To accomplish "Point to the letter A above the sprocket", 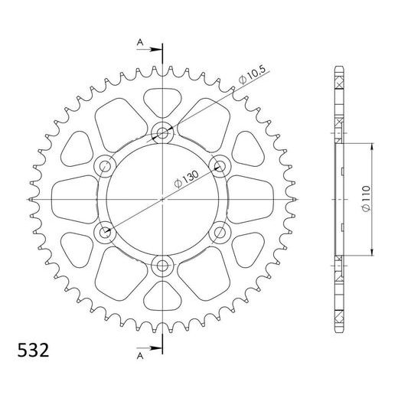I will tap(140, 41).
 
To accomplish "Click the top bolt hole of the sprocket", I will tap(162, 132).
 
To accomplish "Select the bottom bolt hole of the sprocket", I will tap(162, 266).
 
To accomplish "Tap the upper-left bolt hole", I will tap(105, 166).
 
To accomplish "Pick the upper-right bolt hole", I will tap(220, 166).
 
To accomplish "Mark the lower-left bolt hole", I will tap(105, 232).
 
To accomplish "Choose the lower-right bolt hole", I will tap(220, 232).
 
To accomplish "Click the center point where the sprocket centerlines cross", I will tap(162, 199).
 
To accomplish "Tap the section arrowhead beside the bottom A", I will tap(158, 350).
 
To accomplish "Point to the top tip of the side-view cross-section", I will tap(338, 70).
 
